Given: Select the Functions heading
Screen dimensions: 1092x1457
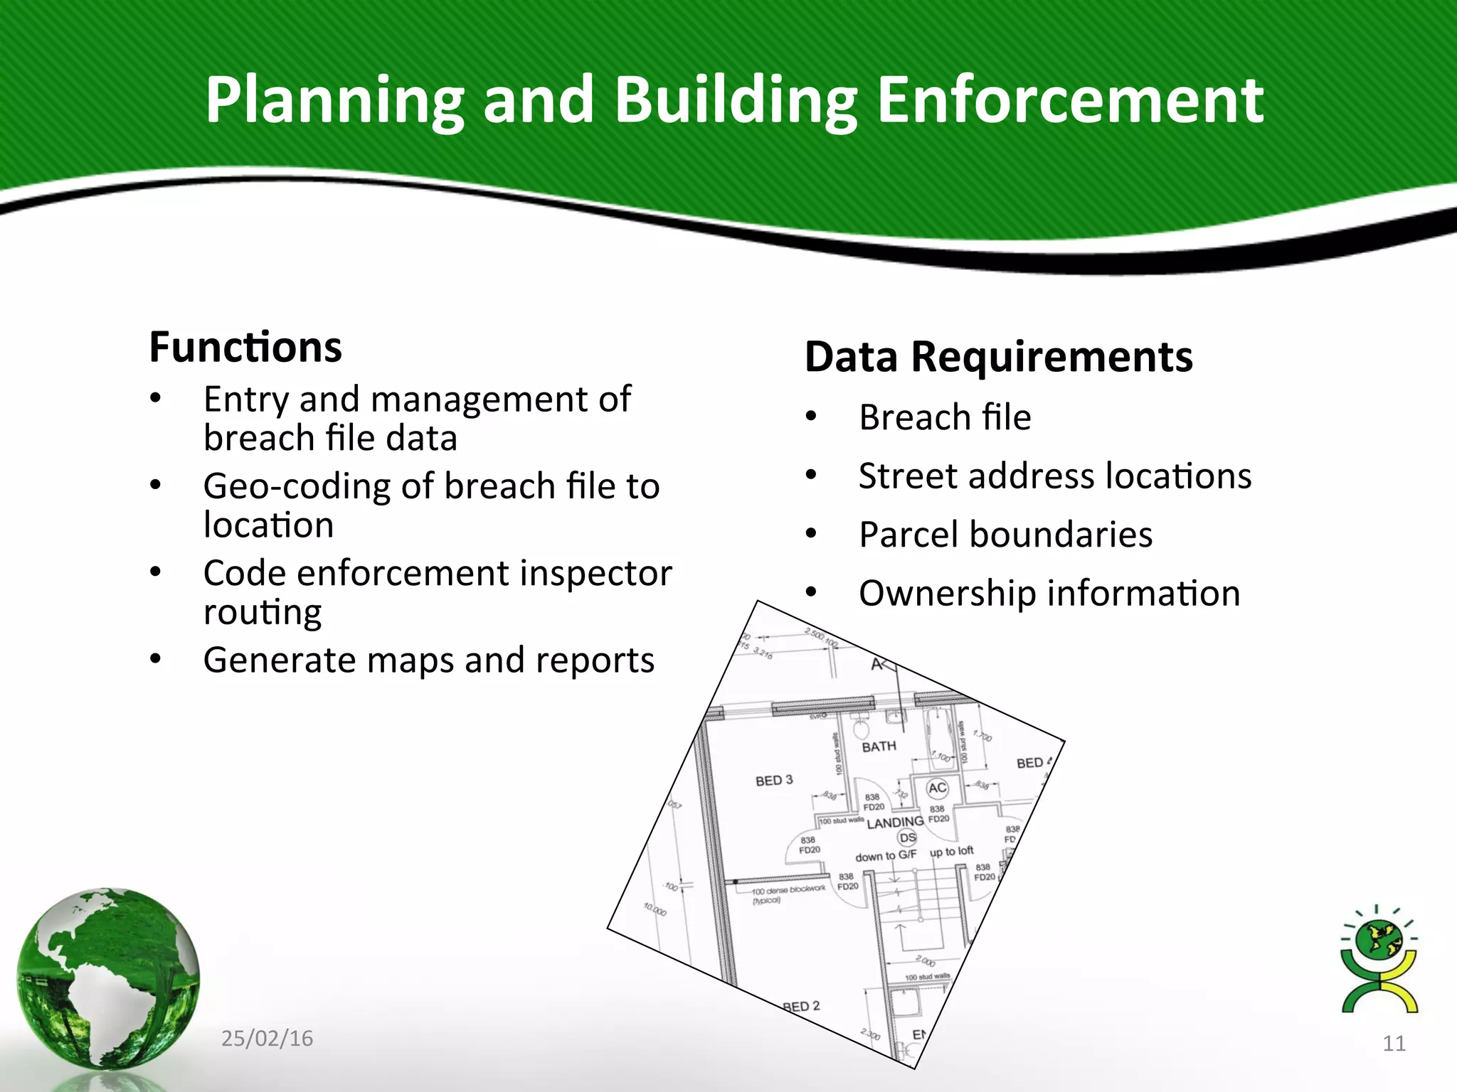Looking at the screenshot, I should click(245, 347).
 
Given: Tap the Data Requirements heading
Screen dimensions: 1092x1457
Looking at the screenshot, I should click(998, 357).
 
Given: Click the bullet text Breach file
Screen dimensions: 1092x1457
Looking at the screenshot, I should click(945, 417).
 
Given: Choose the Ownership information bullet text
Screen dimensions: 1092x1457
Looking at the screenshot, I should click(1049, 594).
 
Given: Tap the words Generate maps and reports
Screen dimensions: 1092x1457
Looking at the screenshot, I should click(428, 660).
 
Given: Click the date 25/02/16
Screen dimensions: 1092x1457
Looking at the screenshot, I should click(267, 1039).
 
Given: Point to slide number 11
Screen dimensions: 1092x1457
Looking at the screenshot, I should click(1394, 1044).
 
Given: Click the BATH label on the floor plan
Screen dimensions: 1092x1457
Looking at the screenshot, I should click(879, 746).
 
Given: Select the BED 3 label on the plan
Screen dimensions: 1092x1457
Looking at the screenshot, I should click(774, 781).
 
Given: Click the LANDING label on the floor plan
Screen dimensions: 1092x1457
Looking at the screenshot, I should click(895, 823).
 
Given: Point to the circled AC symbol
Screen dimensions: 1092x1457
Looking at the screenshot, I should click(937, 788).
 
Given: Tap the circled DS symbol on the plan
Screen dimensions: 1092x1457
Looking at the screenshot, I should click(908, 838).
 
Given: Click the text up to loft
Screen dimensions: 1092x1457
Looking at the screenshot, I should click(951, 852).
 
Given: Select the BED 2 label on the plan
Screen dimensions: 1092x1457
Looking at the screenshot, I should click(802, 1007).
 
